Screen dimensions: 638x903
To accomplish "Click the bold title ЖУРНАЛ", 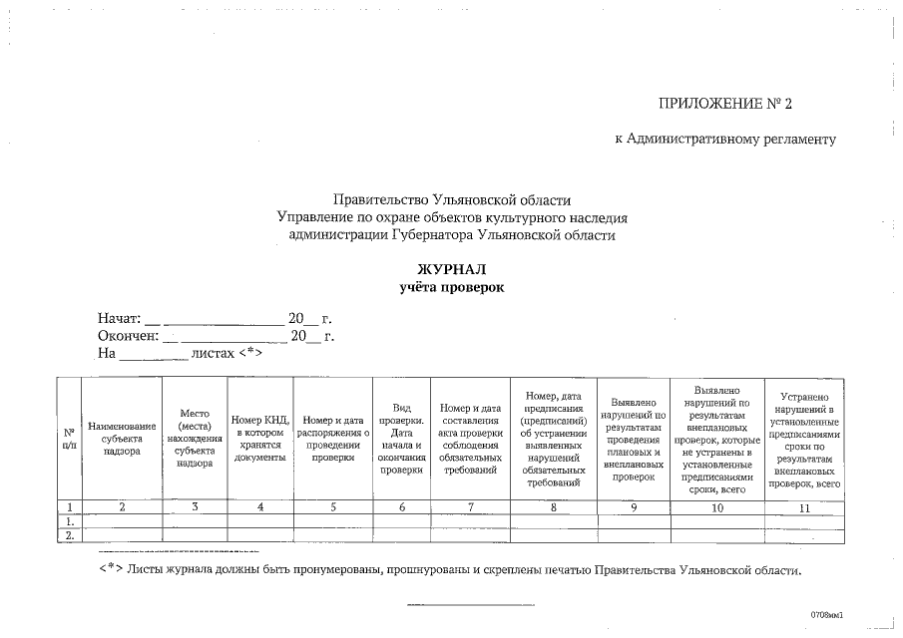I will (451, 269).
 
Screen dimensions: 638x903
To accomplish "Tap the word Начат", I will (119, 319).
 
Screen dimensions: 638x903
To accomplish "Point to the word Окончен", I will (128, 336).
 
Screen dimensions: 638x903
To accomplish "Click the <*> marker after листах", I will (250, 353).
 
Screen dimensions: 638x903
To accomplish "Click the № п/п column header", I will (69, 439).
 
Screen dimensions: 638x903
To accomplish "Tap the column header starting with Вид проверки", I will (401, 439).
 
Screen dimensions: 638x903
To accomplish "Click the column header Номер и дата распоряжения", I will (333, 439).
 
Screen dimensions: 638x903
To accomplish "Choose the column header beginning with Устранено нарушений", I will (804, 439).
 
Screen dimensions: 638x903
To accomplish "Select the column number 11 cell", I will (804, 507).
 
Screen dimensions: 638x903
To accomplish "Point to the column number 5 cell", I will (333, 507).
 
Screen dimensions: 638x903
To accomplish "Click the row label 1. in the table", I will (69, 520).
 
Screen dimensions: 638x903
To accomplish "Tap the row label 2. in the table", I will (69, 534).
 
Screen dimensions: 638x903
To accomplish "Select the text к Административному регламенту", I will (724, 139).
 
